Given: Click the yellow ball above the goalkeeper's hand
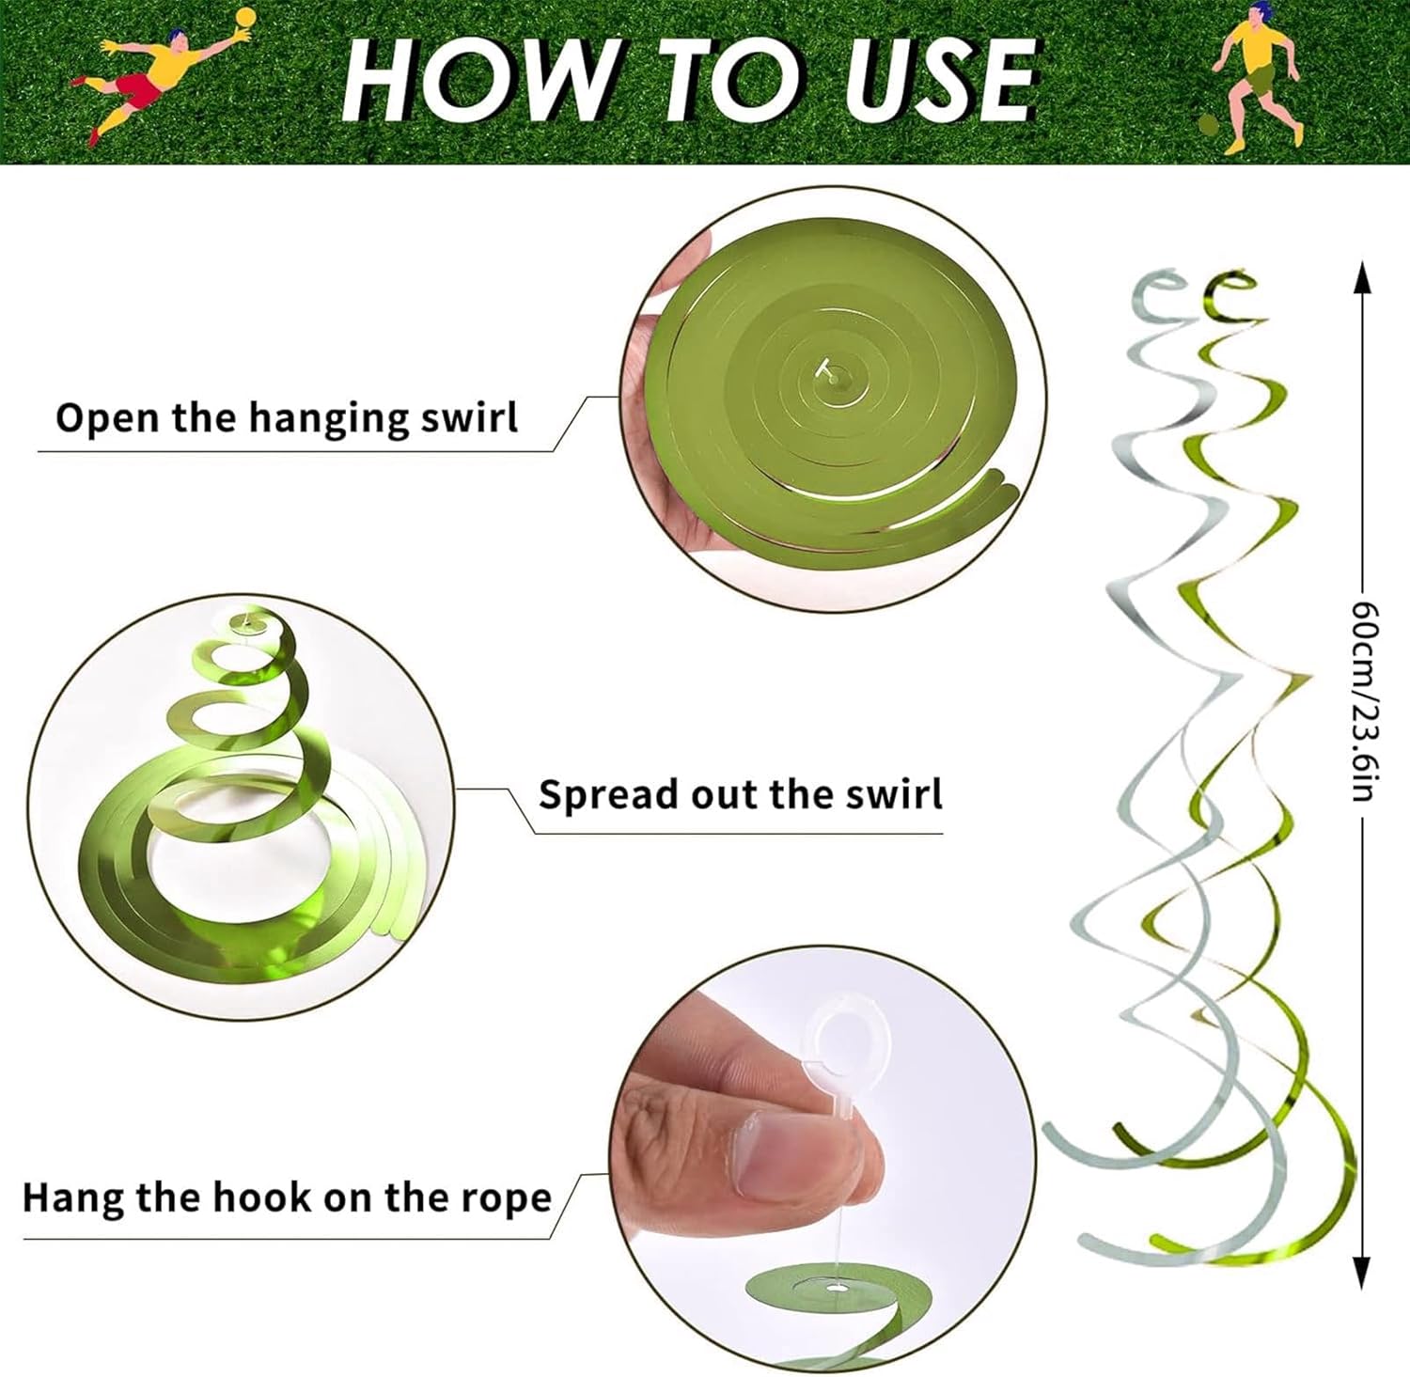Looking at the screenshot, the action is [246, 18].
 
